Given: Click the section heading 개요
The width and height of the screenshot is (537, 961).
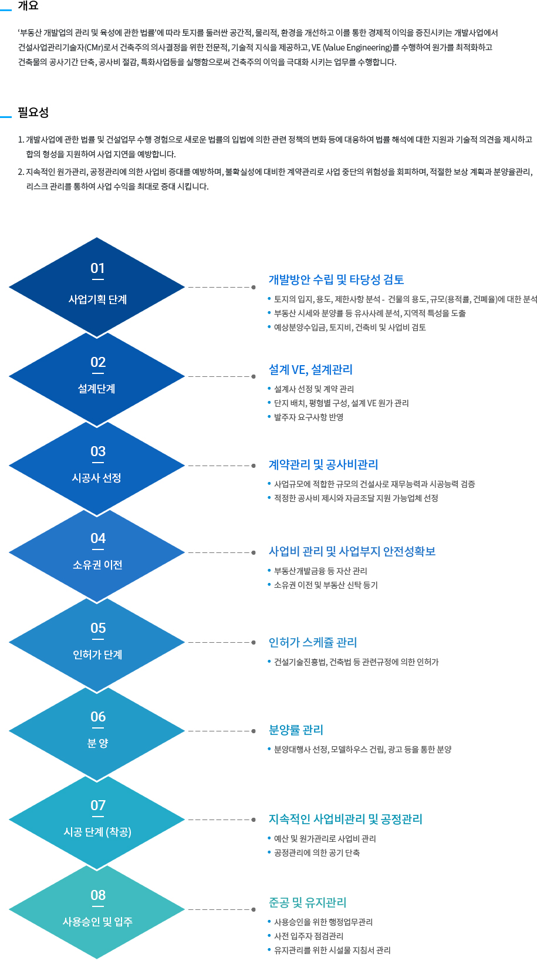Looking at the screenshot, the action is click(28, 6).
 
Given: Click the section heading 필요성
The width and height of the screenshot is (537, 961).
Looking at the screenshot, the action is click(33, 112).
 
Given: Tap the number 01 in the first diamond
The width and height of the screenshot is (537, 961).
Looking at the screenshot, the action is click(98, 268).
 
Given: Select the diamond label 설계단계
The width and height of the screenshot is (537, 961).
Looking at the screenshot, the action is click(96, 389).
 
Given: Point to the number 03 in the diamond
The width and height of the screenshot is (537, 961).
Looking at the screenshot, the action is click(98, 451).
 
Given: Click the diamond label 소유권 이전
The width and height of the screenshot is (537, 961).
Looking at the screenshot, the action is click(97, 565).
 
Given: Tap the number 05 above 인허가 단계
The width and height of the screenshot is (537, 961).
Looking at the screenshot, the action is click(98, 628).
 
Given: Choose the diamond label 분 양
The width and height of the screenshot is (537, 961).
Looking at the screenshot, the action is click(98, 743).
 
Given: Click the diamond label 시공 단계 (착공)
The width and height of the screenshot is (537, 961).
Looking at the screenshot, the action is click(97, 832).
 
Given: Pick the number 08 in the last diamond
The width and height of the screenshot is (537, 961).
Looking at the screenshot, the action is click(98, 895).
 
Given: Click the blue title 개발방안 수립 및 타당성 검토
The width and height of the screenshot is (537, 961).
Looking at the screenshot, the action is click(336, 279).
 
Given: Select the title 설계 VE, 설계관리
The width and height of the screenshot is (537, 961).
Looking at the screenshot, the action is click(310, 369).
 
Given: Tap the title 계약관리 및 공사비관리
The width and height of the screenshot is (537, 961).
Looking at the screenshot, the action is click(323, 464).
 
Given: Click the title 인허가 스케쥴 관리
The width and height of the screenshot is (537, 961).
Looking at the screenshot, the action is click(313, 642).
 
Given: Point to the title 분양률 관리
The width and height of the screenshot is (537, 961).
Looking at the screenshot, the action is click(296, 730).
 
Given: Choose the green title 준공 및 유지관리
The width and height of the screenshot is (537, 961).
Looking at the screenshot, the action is click(308, 902).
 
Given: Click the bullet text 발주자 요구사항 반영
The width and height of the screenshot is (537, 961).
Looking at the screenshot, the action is click(309, 417).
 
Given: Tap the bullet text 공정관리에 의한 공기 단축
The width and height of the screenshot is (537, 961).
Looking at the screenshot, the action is click(317, 853).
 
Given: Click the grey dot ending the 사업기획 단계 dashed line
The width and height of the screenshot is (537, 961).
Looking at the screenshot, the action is click(254, 287).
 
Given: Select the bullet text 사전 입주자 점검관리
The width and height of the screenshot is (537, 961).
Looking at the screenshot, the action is click(309, 936).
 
